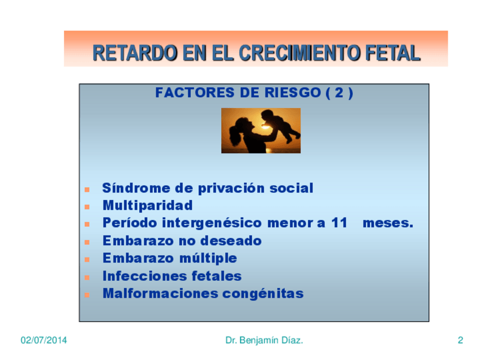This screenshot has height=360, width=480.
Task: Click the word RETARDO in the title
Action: tap(135, 53)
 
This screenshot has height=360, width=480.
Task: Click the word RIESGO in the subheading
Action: tap(293, 92)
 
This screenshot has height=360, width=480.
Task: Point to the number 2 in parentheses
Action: tap(339, 92)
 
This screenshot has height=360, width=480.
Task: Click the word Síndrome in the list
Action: tap(136, 188)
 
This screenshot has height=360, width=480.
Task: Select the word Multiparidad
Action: tap(148, 205)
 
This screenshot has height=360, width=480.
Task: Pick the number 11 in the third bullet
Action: tap(339, 223)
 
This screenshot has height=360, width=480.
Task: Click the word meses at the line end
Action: tap(388, 223)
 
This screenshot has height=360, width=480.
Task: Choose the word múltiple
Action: tap(208, 258)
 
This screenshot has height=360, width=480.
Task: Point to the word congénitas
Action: tap(263, 294)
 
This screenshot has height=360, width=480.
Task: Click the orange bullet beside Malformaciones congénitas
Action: tap(87, 295)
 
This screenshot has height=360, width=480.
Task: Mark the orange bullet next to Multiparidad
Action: tap(87, 207)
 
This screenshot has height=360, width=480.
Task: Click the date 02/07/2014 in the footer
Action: tap(44, 340)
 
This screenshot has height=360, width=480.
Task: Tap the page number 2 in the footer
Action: tap(460, 340)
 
